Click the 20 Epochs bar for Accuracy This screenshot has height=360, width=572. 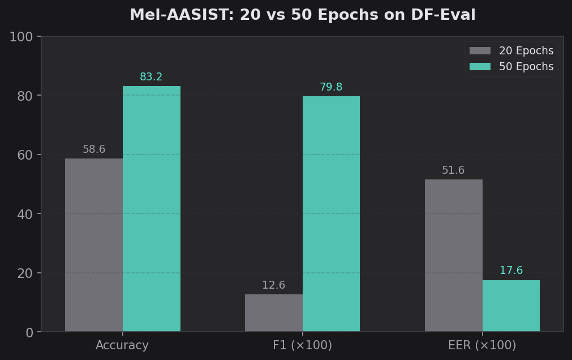94,245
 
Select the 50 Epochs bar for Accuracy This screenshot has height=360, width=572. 152,209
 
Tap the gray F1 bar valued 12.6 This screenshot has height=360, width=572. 274,313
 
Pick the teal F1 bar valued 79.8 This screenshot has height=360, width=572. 331,214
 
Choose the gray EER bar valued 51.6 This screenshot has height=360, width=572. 454,255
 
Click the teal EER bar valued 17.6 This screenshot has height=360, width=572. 511,306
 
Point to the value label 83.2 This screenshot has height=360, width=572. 151,77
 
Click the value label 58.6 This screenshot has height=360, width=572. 94,149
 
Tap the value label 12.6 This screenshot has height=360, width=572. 274,285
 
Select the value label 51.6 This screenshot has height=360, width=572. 453,170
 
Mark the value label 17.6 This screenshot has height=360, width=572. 511,271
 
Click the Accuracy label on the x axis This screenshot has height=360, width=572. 122,345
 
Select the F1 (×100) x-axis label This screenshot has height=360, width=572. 302,345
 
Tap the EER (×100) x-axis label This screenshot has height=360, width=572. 482,345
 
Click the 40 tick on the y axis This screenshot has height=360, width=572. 25,214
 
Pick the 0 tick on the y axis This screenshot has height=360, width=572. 29,332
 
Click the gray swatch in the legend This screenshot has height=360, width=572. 480,51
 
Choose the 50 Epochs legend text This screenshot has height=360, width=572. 526,67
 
